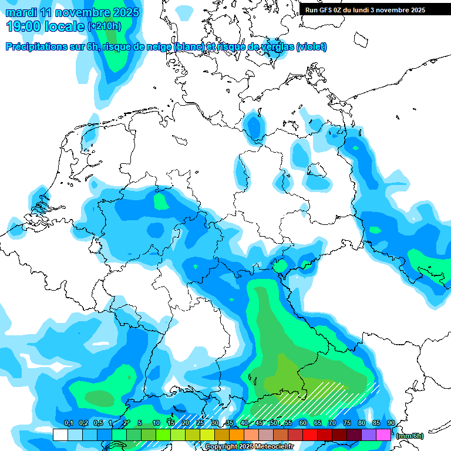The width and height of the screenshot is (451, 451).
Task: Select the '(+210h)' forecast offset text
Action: tap(105, 26)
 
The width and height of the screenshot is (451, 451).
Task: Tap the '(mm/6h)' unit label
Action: tap(410, 436)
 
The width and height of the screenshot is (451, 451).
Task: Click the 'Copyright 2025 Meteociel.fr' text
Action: tap(249, 447)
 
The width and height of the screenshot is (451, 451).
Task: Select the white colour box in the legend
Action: tap(60, 435)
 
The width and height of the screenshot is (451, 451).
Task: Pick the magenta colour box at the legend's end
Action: tap(383, 435)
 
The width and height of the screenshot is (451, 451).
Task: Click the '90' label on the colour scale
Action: tap(391, 423)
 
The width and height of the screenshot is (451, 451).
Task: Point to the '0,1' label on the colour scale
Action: tap(68, 423)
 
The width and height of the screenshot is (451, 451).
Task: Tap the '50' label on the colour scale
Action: tap(274, 423)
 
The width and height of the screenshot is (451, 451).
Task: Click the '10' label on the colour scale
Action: tap(156, 423)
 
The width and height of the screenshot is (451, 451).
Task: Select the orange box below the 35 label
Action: tap(237, 435)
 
